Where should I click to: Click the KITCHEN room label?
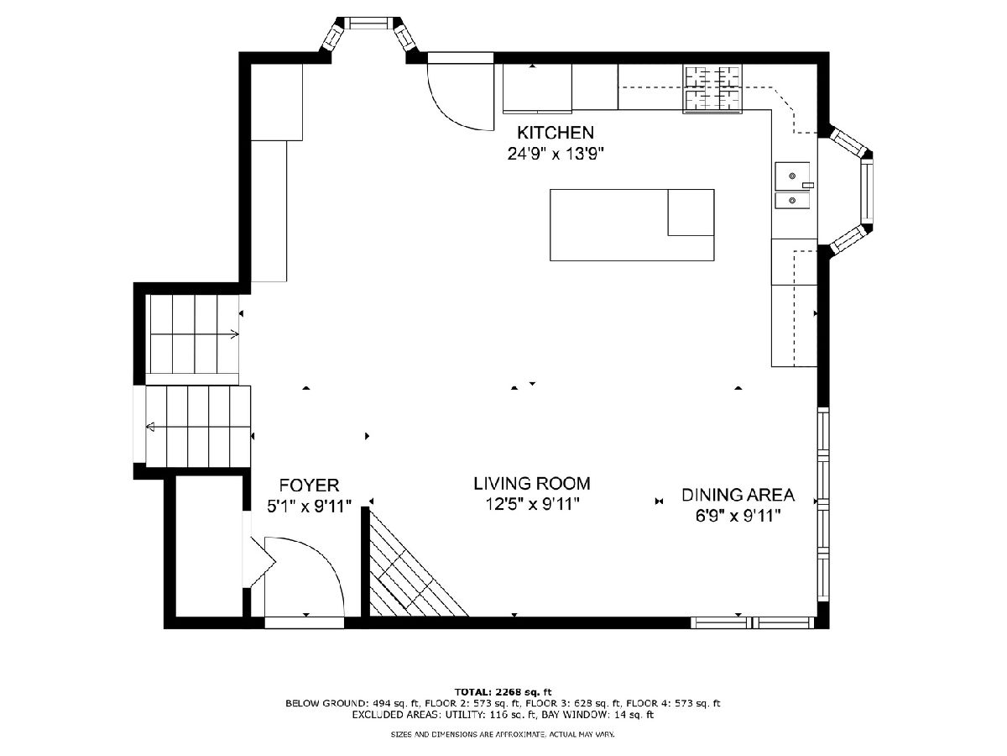click(x=556, y=132)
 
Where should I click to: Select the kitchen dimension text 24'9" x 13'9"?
click(x=556, y=154)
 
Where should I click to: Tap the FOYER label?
click(x=309, y=485)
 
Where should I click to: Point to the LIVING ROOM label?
click(x=532, y=483)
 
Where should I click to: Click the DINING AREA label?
click(x=738, y=495)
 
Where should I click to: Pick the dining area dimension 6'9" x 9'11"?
click(x=738, y=517)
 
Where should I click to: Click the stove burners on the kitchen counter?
click(x=712, y=88)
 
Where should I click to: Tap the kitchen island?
click(x=632, y=225)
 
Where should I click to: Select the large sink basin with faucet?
click(x=792, y=176)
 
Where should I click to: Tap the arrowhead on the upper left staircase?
click(x=234, y=334)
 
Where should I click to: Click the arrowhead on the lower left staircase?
click(x=150, y=428)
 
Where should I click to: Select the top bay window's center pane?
click(x=366, y=23)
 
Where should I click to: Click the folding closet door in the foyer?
click(x=263, y=561)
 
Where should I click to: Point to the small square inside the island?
click(x=691, y=212)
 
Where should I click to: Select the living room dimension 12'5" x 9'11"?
click(x=532, y=505)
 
